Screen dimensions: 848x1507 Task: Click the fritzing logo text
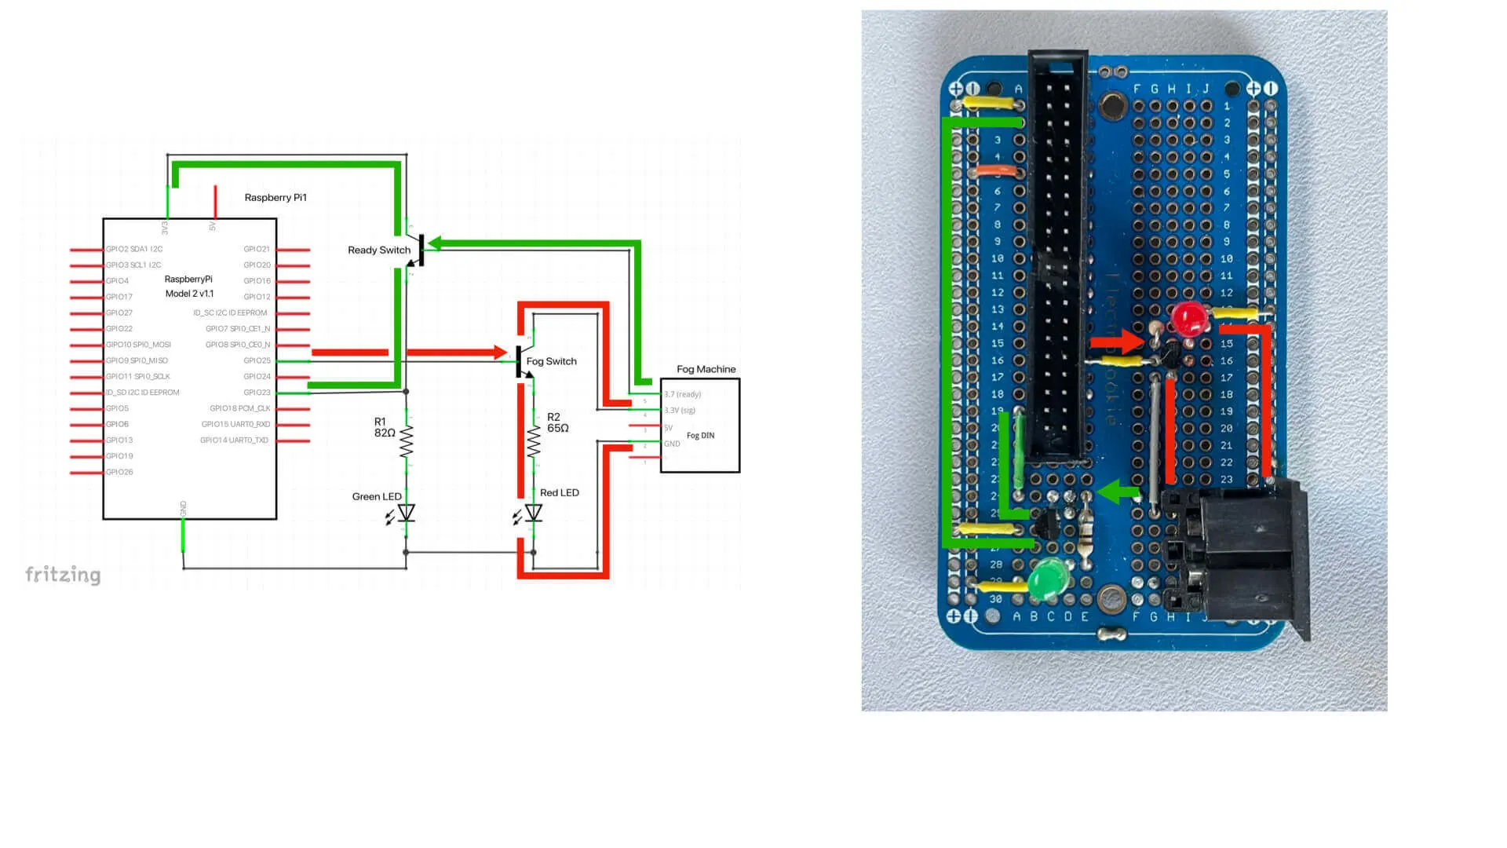click(x=63, y=575)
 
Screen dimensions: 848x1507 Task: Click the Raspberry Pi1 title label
click(x=275, y=197)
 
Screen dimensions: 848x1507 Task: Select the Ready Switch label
click(x=379, y=250)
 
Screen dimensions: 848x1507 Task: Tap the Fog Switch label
click(x=551, y=361)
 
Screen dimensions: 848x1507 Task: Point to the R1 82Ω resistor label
click(x=385, y=427)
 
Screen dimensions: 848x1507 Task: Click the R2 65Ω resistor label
click(x=558, y=422)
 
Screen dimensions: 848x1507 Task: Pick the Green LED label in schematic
click(x=377, y=496)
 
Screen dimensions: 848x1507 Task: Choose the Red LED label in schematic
click(x=560, y=492)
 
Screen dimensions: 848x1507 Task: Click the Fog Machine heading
click(x=706, y=369)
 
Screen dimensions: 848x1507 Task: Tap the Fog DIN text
click(x=700, y=435)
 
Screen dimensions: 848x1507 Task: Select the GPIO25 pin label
click(x=257, y=360)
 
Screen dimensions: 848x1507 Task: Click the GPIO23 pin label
click(x=257, y=393)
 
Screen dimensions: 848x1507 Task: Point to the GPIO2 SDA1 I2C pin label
click(x=134, y=249)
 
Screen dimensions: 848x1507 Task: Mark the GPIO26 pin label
click(x=119, y=472)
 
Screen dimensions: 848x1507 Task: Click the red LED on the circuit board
click(x=1188, y=318)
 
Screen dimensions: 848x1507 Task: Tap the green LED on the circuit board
click(x=1045, y=579)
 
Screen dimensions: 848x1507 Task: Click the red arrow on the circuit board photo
click(x=1118, y=342)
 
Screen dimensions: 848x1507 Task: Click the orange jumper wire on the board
click(x=995, y=170)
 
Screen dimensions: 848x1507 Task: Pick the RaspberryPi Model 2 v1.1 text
click(x=188, y=287)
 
